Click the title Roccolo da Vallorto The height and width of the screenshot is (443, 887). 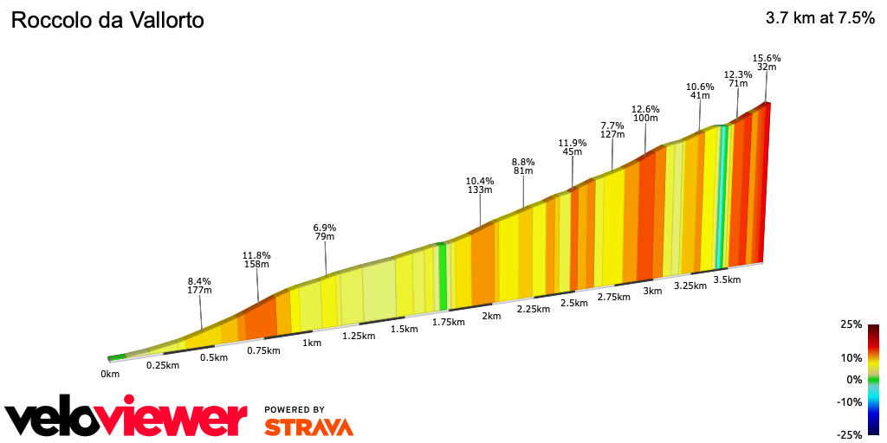107,20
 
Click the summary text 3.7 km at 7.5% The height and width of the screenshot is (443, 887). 819,19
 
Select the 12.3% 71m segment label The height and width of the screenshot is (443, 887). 737,79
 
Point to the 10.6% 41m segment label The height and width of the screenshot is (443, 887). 700,91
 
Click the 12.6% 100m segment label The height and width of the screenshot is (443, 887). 645,113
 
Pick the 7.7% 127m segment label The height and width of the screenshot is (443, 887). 612,130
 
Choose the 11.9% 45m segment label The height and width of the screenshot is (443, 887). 572,147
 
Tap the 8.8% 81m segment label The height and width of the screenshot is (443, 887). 523,166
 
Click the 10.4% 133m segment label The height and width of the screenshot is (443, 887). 480,185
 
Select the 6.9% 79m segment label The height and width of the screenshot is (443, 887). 325,232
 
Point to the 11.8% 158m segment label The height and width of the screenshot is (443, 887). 256,260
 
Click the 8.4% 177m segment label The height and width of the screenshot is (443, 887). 200,286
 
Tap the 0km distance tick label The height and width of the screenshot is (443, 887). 109,374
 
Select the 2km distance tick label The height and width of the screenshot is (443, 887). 491,316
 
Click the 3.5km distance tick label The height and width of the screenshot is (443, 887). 727,279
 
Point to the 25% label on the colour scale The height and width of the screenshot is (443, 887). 851,324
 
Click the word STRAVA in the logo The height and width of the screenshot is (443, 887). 308,427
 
